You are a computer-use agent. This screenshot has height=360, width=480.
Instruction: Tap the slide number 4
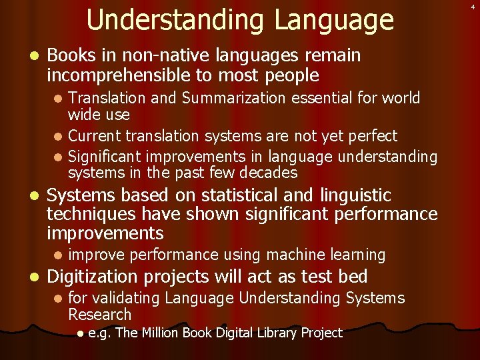point(471,7)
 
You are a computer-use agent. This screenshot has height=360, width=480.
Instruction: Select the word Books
point(70,55)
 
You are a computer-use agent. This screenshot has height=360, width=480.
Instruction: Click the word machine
point(293,255)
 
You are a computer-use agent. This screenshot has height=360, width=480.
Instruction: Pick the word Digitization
point(104,276)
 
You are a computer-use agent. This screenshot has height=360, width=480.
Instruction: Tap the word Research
point(99,314)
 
